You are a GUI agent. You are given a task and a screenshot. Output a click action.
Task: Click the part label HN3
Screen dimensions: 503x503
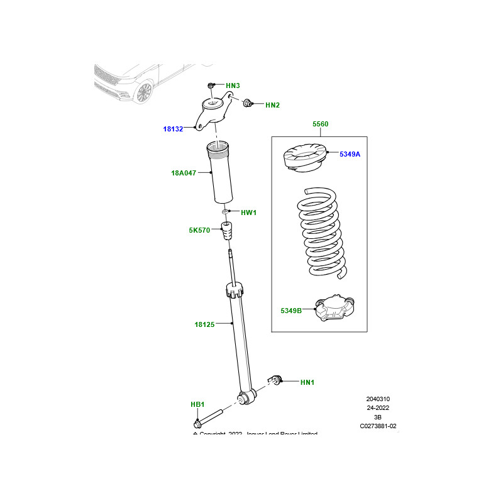(233, 86)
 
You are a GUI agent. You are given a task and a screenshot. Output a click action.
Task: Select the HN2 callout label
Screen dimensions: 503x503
(272, 105)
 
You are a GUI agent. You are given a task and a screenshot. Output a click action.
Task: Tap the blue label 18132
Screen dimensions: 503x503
(173, 129)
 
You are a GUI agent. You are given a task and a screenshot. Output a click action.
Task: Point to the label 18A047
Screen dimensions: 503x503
(184, 172)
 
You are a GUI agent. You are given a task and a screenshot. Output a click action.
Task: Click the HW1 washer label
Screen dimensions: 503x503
(249, 213)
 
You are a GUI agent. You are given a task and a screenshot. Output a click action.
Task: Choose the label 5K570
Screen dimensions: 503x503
(199, 231)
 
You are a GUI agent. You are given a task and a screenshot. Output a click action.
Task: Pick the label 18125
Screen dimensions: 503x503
(204, 324)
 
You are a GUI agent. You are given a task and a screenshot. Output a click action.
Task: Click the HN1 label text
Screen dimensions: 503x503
(307, 382)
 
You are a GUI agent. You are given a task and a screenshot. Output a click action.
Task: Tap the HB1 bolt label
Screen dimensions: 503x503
(197, 404)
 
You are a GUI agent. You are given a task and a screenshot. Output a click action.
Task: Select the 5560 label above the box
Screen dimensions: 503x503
(320, 124)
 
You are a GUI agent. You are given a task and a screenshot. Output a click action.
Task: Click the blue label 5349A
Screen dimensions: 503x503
(350, 154)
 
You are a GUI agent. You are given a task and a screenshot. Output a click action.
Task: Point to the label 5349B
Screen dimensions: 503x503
(291, 311)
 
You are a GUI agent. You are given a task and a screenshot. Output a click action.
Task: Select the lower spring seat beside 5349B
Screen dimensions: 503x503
(336, 309)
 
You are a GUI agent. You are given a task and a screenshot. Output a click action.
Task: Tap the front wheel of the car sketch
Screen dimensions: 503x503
(143, 92)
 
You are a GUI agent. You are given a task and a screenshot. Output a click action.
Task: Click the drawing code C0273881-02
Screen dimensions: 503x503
(378, 426)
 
